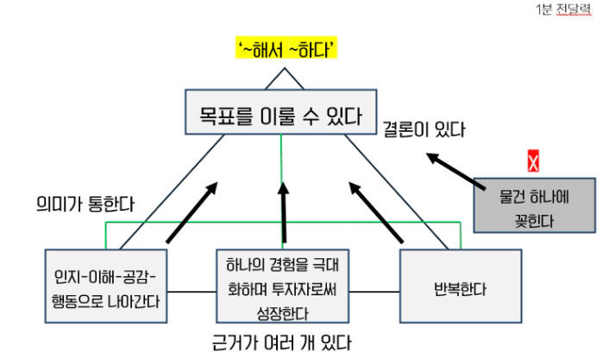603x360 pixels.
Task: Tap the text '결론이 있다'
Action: pyautogui.click(x=424, y=130)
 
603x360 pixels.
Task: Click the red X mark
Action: pyautogui.click(x=533, y=161)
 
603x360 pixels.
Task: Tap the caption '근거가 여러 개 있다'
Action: pyautogui.click(x=281, y=343)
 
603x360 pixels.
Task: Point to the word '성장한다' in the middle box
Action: pyautogui.click(x=282, y=304)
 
